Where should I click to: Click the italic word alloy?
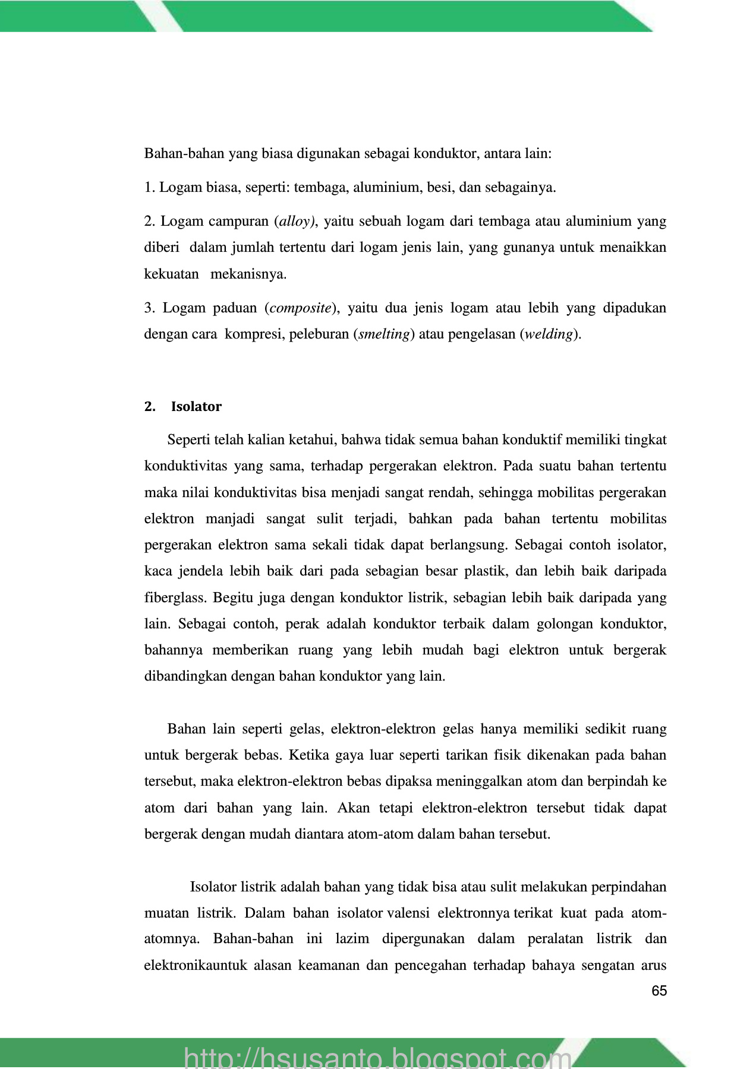coord(295,222)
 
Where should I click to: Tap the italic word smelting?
coord(384,334)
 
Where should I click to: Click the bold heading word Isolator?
coord(196,407)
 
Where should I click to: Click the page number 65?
coord(659,991)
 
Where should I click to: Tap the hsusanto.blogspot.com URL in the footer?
coord(378,1057)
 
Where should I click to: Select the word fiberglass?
coord(175,597)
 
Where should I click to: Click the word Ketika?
coord(308,755)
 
